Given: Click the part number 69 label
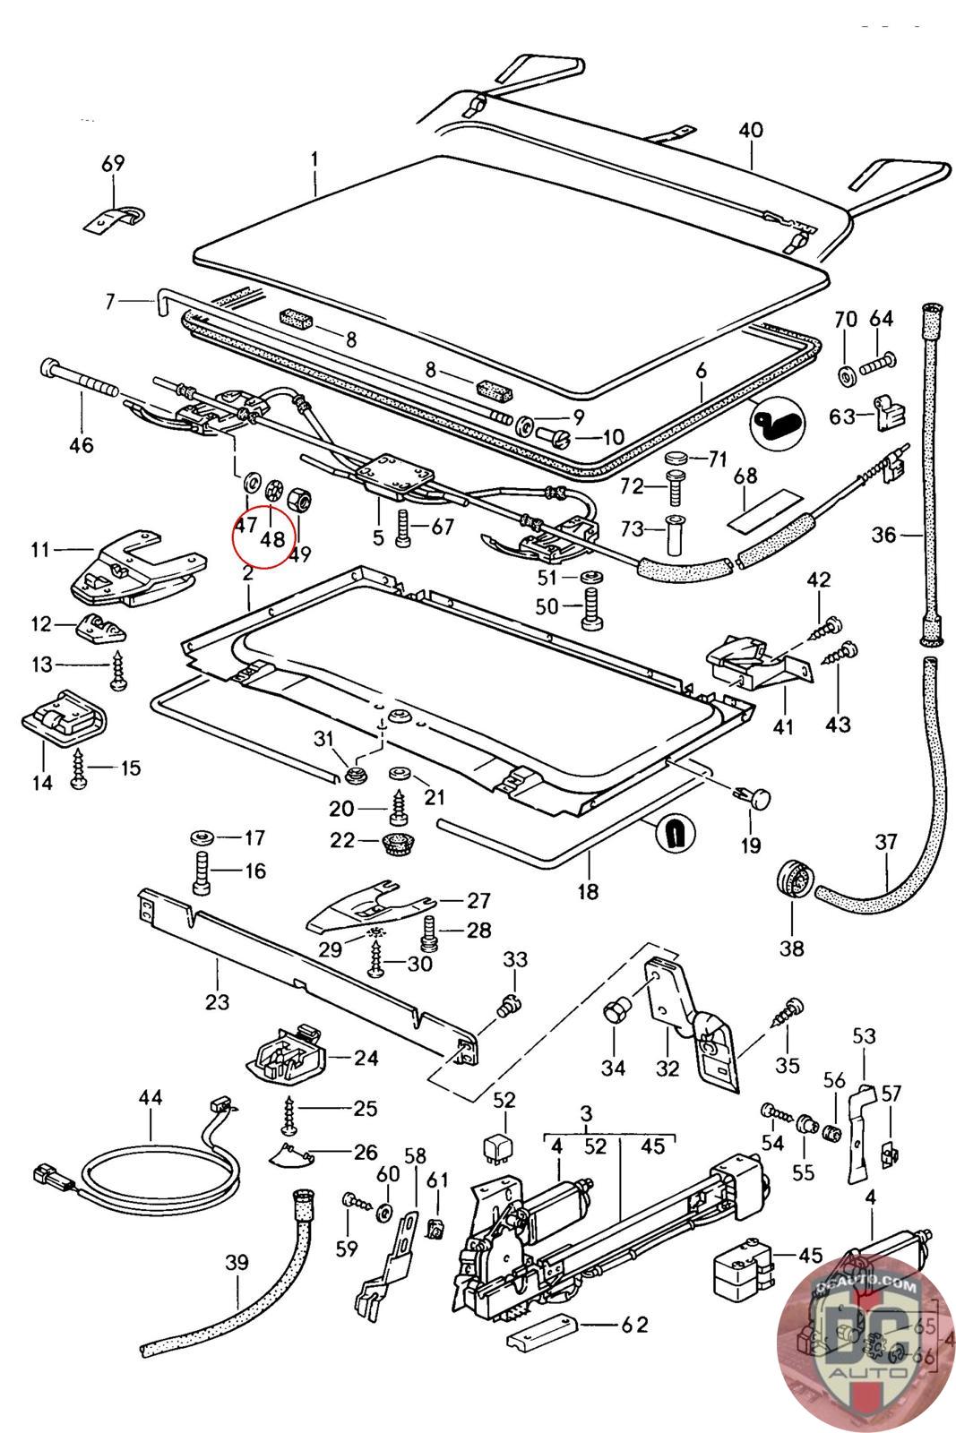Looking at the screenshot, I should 113,164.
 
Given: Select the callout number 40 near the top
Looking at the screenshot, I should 751,130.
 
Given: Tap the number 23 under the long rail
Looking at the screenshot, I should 218,1001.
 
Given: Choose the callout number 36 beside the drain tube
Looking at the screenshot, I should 883,535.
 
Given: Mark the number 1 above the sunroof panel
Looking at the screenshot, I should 314,159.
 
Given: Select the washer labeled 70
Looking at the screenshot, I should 845,373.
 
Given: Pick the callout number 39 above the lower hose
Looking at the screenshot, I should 237,1262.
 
